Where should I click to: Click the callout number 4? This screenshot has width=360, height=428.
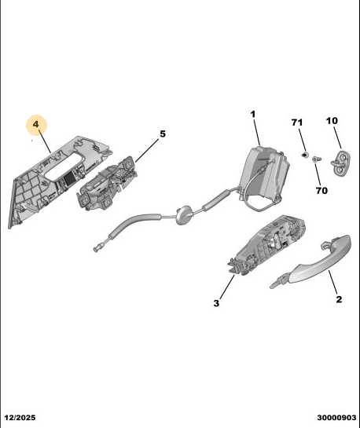(x=36, y=124)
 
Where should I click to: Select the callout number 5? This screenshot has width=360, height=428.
(x=163, y=134)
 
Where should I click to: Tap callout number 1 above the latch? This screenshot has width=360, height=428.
(x=253, y=114)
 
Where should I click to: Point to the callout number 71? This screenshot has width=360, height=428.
(x=297, y=123)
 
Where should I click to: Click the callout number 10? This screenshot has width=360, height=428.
(x=332, y=121)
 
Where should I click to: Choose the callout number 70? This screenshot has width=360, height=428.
(x=321, y=191)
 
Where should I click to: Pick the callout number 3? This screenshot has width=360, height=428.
(x=216, y=303)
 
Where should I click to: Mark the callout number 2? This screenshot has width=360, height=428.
(x=339, y=299)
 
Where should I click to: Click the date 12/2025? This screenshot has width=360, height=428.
(x=20, y=418)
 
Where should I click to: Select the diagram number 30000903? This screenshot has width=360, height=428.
(x=336, y=418)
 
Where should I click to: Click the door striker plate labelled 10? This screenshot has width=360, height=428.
(x=341, y=163)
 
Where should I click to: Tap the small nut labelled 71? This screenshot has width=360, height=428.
(x=304, y=155)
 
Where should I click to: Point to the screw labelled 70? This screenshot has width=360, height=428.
(x=316, y=159)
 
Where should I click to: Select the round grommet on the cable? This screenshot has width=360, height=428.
(x=184, y=215)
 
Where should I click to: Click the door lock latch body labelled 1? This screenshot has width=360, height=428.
(x=263, y=172)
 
